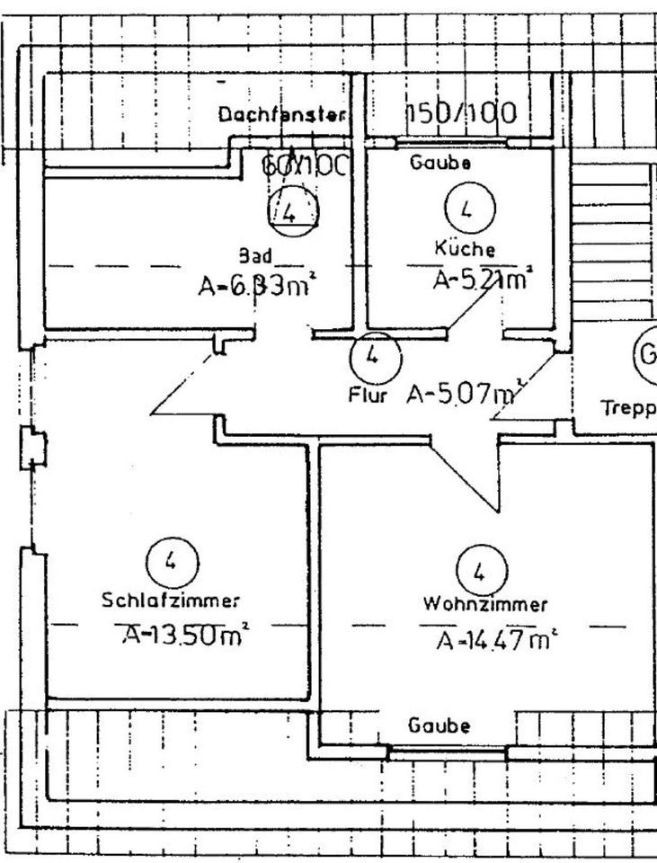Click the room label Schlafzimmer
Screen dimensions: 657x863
point(171,601)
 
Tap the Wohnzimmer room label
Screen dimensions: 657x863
point(485,605)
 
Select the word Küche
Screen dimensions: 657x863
point(465,249)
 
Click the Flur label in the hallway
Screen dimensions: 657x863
point(368,396)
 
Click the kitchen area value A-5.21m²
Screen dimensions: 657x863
point(481,280)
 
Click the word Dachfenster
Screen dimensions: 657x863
point(282,115)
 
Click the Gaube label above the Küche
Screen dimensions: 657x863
point(440,164)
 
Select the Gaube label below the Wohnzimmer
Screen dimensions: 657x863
point(439,725)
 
